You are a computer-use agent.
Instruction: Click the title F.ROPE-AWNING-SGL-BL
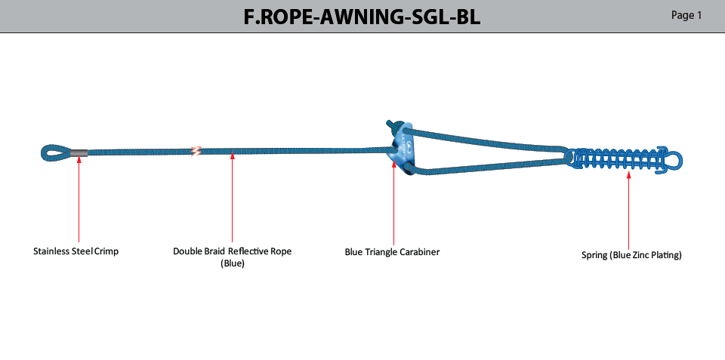coord(362,17)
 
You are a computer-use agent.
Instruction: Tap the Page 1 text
coord(686,16)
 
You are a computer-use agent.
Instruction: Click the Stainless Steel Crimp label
coord(76,251)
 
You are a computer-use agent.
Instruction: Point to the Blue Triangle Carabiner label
coord(392,252)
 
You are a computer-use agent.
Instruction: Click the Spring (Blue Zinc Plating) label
coord(631,255)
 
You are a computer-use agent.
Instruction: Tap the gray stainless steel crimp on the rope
coord(79,152)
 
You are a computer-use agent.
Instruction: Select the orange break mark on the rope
coord(196,151)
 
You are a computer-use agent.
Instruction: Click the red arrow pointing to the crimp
coord(79,199)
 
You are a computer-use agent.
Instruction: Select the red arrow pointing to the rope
coord(232,198)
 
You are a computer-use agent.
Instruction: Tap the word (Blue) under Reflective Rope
coord(232,264)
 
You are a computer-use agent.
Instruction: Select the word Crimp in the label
coord(106,251)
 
